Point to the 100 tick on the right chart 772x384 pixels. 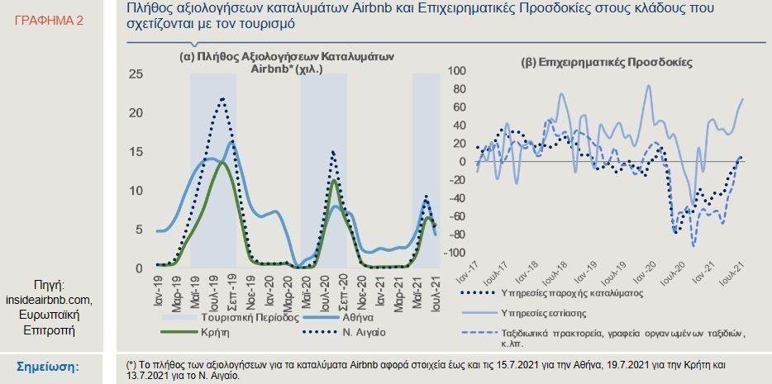tap(457, 70)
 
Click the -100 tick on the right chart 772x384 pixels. tap(455, 253)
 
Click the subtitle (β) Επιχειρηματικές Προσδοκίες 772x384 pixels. tap(606, 62)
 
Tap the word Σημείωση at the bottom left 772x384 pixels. tap(47, 367)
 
